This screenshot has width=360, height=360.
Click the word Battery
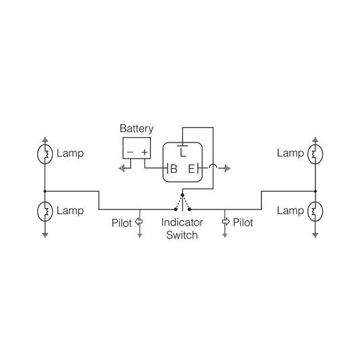pos(136,129)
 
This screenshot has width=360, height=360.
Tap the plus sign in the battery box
pos(145,152)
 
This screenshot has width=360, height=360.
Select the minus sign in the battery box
pos(130,152)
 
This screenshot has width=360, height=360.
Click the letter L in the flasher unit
pos(183,153)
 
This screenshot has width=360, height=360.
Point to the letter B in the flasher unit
pos(174,169)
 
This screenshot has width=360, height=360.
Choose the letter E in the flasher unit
pos(191,169)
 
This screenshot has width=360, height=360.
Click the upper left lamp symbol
pos(45,154)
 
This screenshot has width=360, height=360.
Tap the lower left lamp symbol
pos(45,211)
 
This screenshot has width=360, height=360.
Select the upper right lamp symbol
pos(315,154)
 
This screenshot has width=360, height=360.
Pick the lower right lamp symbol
pos(315,211)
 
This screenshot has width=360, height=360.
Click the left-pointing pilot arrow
pos(138,222)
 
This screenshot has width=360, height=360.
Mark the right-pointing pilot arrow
pos(226,222)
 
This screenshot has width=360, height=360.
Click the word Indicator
pos(182,222)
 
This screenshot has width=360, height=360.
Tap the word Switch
pos(182,235)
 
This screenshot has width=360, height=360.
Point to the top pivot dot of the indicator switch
pos(182,195)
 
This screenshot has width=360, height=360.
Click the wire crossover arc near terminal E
pos(213,166)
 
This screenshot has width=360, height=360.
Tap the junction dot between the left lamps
pos(45,191)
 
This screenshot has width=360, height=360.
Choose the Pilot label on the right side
pos(243,223)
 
